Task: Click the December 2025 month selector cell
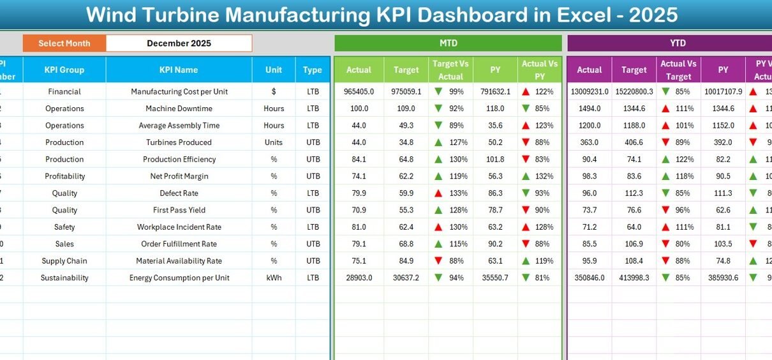tap(179, 43)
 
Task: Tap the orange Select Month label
tap(64, 43)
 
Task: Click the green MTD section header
tap(448, 43)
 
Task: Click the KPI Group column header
tap(64, 70)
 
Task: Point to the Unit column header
tap(274, 70)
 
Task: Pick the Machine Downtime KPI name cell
tap(179, 109)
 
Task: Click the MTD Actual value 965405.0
tap(359, 91)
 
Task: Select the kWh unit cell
tap(274, 278)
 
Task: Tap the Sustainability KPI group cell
tap(64, 278)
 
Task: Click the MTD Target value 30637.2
tap(406, 278)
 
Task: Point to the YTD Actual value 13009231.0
tap(589, 91)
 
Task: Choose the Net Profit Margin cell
tap(179, 176)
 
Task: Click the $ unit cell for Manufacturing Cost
tap(274, 91)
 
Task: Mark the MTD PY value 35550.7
tap(495, 278)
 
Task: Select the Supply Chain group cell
tap(64, 260)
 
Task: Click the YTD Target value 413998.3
tap(634, 278)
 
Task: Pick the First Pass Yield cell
tap(179, 210)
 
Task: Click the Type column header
tap(313, 70)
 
